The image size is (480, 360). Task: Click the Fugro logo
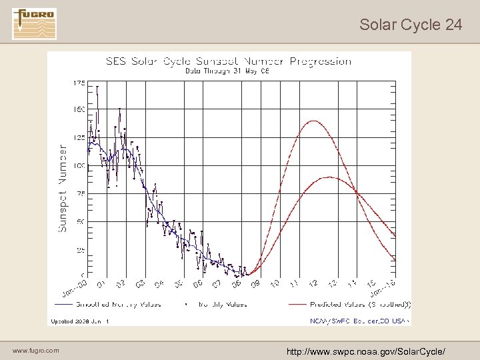(35, 23)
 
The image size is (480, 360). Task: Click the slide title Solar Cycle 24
(410, 25)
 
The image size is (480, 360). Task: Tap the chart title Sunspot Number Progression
(229, 61)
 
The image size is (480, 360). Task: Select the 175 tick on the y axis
(79, 83)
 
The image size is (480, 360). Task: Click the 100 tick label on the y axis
(79, 165)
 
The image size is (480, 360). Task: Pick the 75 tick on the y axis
(80, 193)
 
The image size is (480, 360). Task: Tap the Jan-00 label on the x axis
(75, 289)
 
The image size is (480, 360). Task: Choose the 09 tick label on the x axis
(255, 285)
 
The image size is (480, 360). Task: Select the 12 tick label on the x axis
(313, 285)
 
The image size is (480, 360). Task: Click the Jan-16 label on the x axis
(383, 288)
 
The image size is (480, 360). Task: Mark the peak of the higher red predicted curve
(312, 121)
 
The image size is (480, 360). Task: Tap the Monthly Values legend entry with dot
(217, 304)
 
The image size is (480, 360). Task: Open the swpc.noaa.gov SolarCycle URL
(365, 351)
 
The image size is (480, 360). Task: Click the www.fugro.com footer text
(35, 351)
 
